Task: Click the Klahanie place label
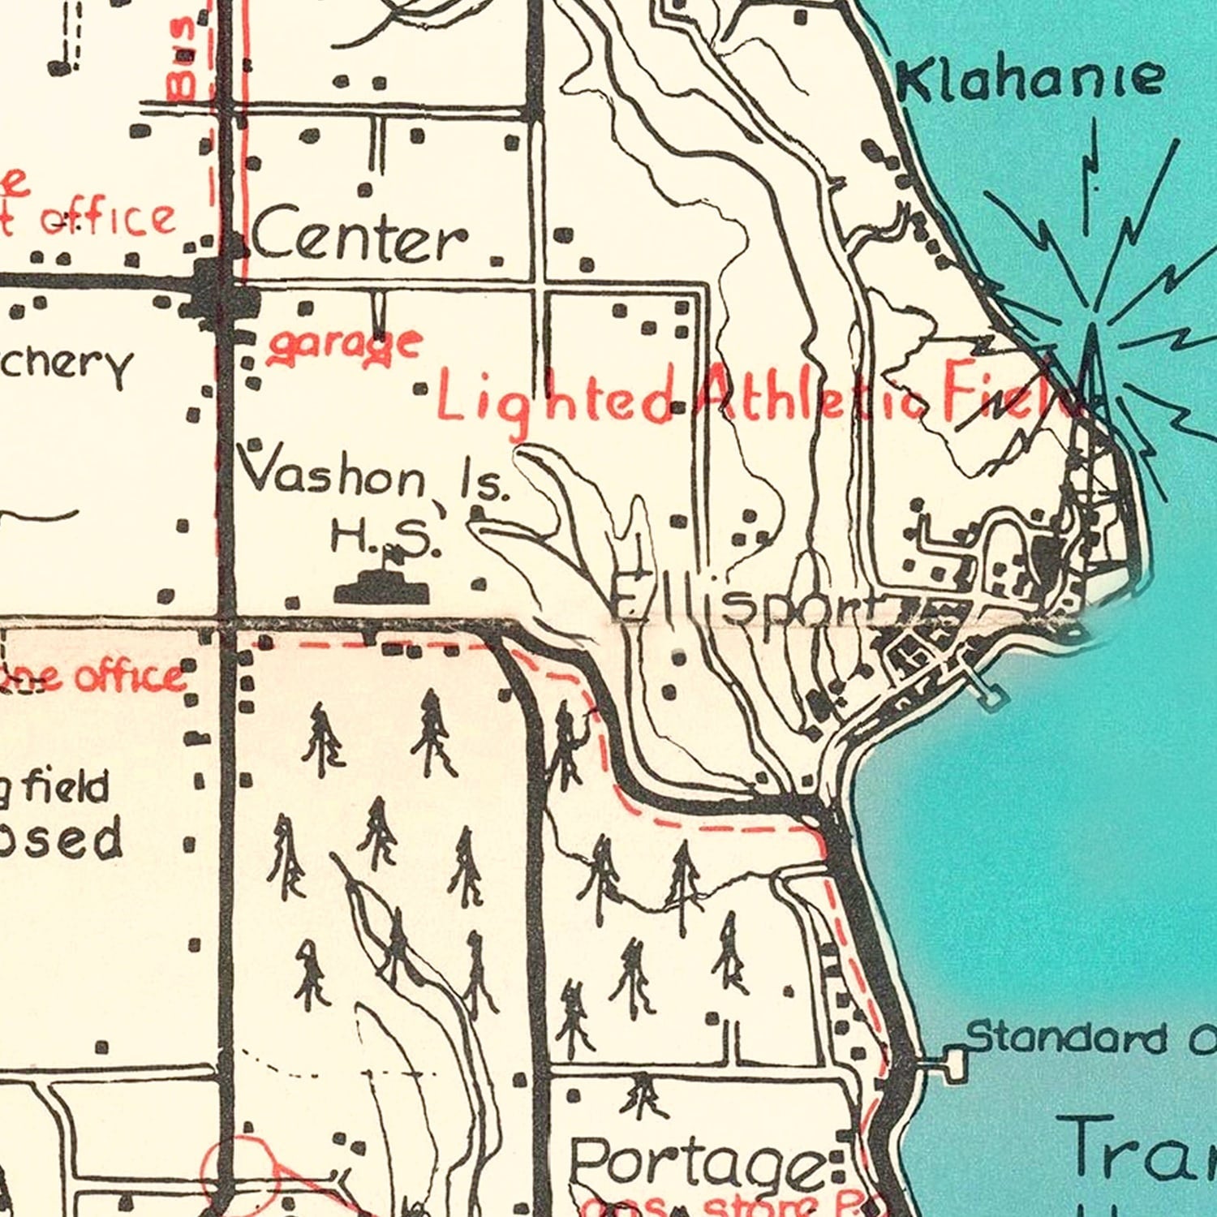pyautogui.click(x=1031, y=80)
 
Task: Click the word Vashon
pyautogui.click(x=333, y=475)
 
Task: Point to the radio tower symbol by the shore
pyautogui.click(x=1091, y=365)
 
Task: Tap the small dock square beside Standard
pyautogui.click(x=955, y=1062)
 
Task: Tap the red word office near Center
pyautogui.click(x=109, y=219)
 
